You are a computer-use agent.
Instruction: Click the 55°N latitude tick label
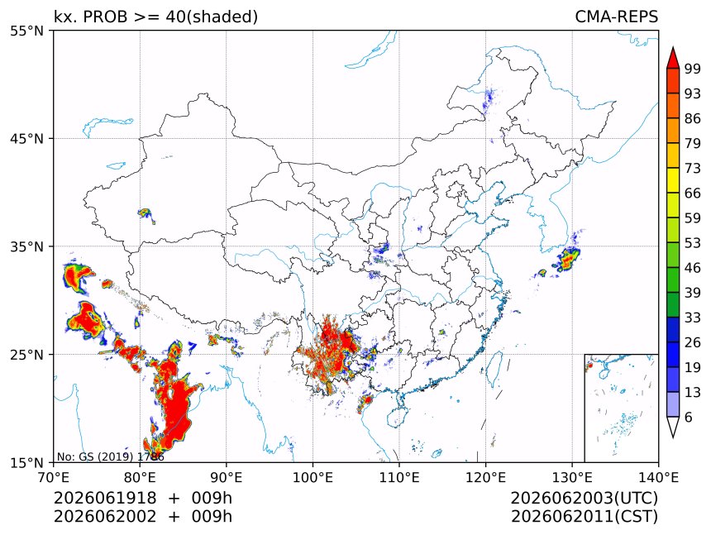(26, 31)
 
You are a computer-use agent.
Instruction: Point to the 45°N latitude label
(26, 139)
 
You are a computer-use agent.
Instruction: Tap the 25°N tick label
(26, 355)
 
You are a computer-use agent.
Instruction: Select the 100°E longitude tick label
(313, 477)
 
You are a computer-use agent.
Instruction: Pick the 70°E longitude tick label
(54, 477)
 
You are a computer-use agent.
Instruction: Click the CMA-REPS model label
(616, 17)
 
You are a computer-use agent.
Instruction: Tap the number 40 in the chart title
(174, 17)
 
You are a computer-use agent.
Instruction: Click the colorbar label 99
(693, 69)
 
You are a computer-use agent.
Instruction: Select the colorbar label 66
(693, 193)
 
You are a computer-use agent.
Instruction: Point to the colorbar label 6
(689, 417)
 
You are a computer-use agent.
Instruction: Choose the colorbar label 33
(693, 318)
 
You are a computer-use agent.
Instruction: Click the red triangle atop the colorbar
(673, 58)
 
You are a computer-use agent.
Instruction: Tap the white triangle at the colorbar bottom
(673, 426)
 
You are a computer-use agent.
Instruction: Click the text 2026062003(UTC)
(584, 499)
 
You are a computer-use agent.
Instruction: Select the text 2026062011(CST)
(584, 517)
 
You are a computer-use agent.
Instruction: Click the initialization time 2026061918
(105, 499)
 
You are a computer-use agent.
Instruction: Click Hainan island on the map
(398, 417)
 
